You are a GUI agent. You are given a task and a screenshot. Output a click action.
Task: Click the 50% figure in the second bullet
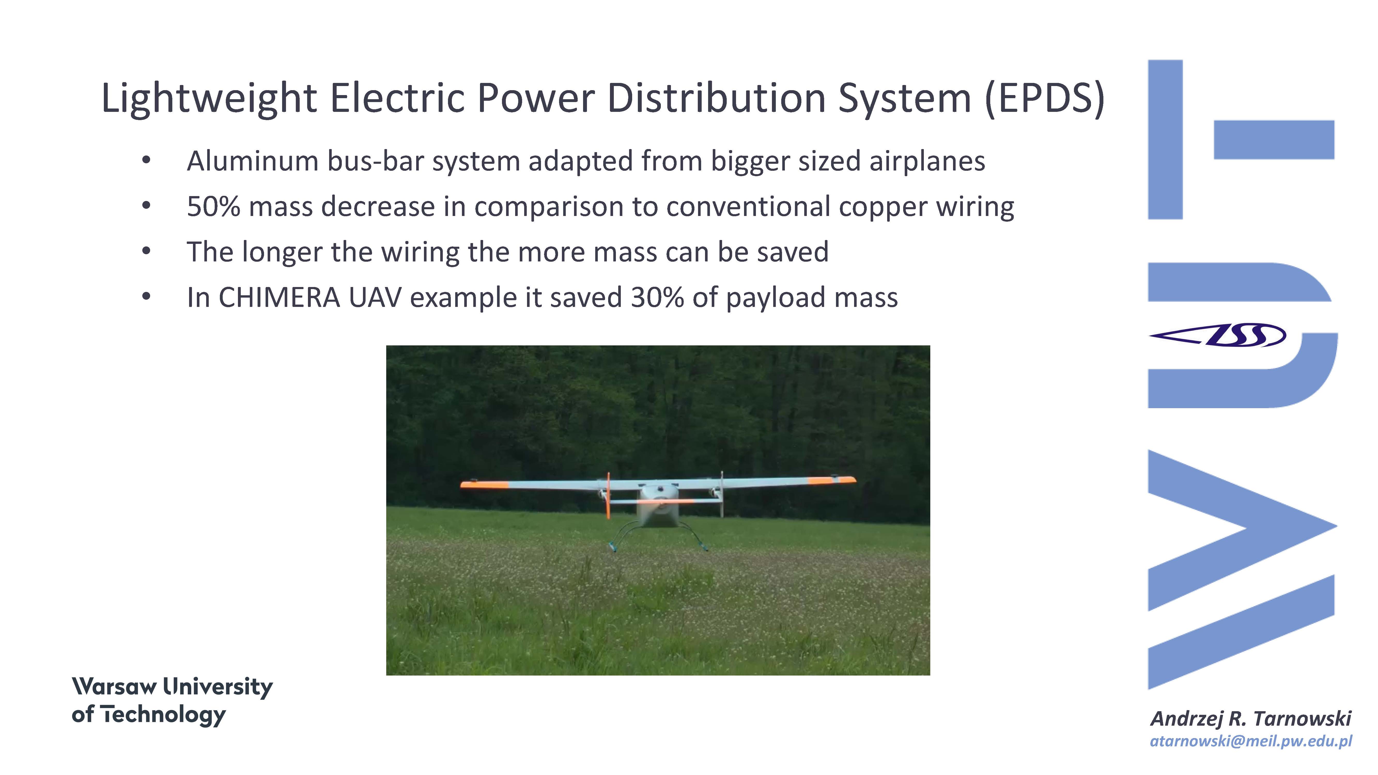click(x=213, y=206)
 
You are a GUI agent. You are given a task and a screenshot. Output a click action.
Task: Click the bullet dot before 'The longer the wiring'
click(x=146, y=251)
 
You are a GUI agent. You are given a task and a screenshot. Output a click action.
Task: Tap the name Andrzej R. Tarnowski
click(x=1251, y=718)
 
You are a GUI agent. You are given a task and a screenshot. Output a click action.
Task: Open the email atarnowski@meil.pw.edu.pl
click(x=1251, y=741)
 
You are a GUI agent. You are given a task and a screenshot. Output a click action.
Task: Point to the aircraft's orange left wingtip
click(x=484, y=485)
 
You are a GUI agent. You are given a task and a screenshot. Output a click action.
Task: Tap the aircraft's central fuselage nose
click(x=658, y=508)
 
